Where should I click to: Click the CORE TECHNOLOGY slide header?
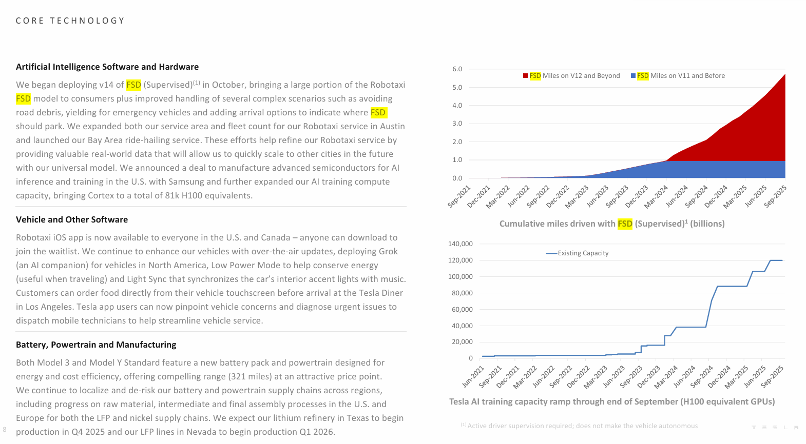pos(70,21)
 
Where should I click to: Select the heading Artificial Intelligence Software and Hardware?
pos(107,67)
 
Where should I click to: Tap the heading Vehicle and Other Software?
pos(72,219)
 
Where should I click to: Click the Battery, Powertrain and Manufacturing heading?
pos(96,345)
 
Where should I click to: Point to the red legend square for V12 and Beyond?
pos(525,76)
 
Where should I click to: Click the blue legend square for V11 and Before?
pos(633,76)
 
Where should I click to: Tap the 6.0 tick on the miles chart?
pos(457,69)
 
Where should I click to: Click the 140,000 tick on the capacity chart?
pos(460,244)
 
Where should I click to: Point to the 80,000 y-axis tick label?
pos(462,293)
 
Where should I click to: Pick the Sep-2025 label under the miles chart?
pos(775,196)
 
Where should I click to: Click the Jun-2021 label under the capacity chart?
pos(473,376)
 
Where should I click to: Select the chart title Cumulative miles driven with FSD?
pos(611,224)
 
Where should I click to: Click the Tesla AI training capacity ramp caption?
pos(611,401)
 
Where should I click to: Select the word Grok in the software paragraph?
pos(388,251)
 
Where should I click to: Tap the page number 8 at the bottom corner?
pos(5,429)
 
